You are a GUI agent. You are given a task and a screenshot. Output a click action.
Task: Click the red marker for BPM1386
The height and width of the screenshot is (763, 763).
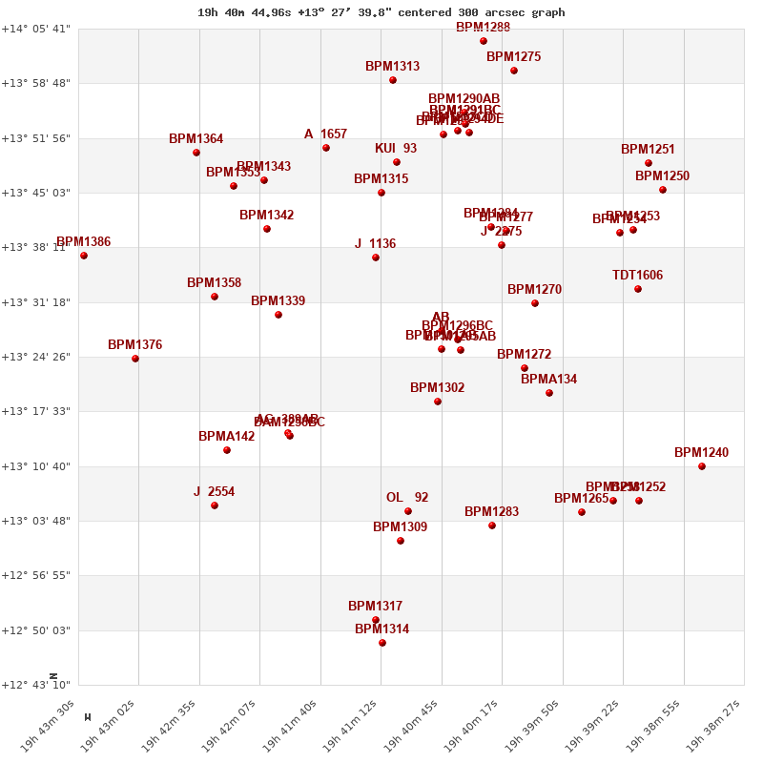point(84,256)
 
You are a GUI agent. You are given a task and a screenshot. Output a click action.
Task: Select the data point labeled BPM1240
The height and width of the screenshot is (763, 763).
point(702,466)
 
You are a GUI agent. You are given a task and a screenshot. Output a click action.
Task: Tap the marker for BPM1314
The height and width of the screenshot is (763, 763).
point(382,643)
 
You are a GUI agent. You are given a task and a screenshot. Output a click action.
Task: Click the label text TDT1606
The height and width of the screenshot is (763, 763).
point(637,276)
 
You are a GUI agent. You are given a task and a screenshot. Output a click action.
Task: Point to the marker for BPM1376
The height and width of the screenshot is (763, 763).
point(135,359)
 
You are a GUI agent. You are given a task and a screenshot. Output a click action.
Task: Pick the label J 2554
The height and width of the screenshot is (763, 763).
point(214,492)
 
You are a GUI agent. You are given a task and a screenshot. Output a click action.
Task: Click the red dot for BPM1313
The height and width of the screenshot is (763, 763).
point(393,80)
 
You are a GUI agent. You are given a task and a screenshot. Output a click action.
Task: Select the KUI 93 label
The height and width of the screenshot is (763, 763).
point(396,149)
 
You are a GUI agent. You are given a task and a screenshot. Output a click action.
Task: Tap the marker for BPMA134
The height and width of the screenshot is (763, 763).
point(549,393)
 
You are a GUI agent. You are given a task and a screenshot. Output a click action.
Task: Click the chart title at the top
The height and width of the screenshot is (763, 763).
point(381,12)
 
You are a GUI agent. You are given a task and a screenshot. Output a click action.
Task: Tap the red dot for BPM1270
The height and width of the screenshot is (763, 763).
point(535,303)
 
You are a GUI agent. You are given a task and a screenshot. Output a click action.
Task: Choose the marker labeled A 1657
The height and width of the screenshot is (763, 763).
point(326,148)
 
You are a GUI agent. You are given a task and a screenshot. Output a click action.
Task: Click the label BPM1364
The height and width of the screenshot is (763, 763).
point(196,139)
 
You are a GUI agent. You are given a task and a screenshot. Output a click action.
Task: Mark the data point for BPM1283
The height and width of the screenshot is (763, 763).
point(492,526)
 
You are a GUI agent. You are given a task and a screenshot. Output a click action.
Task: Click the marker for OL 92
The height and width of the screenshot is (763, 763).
point(408,511)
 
